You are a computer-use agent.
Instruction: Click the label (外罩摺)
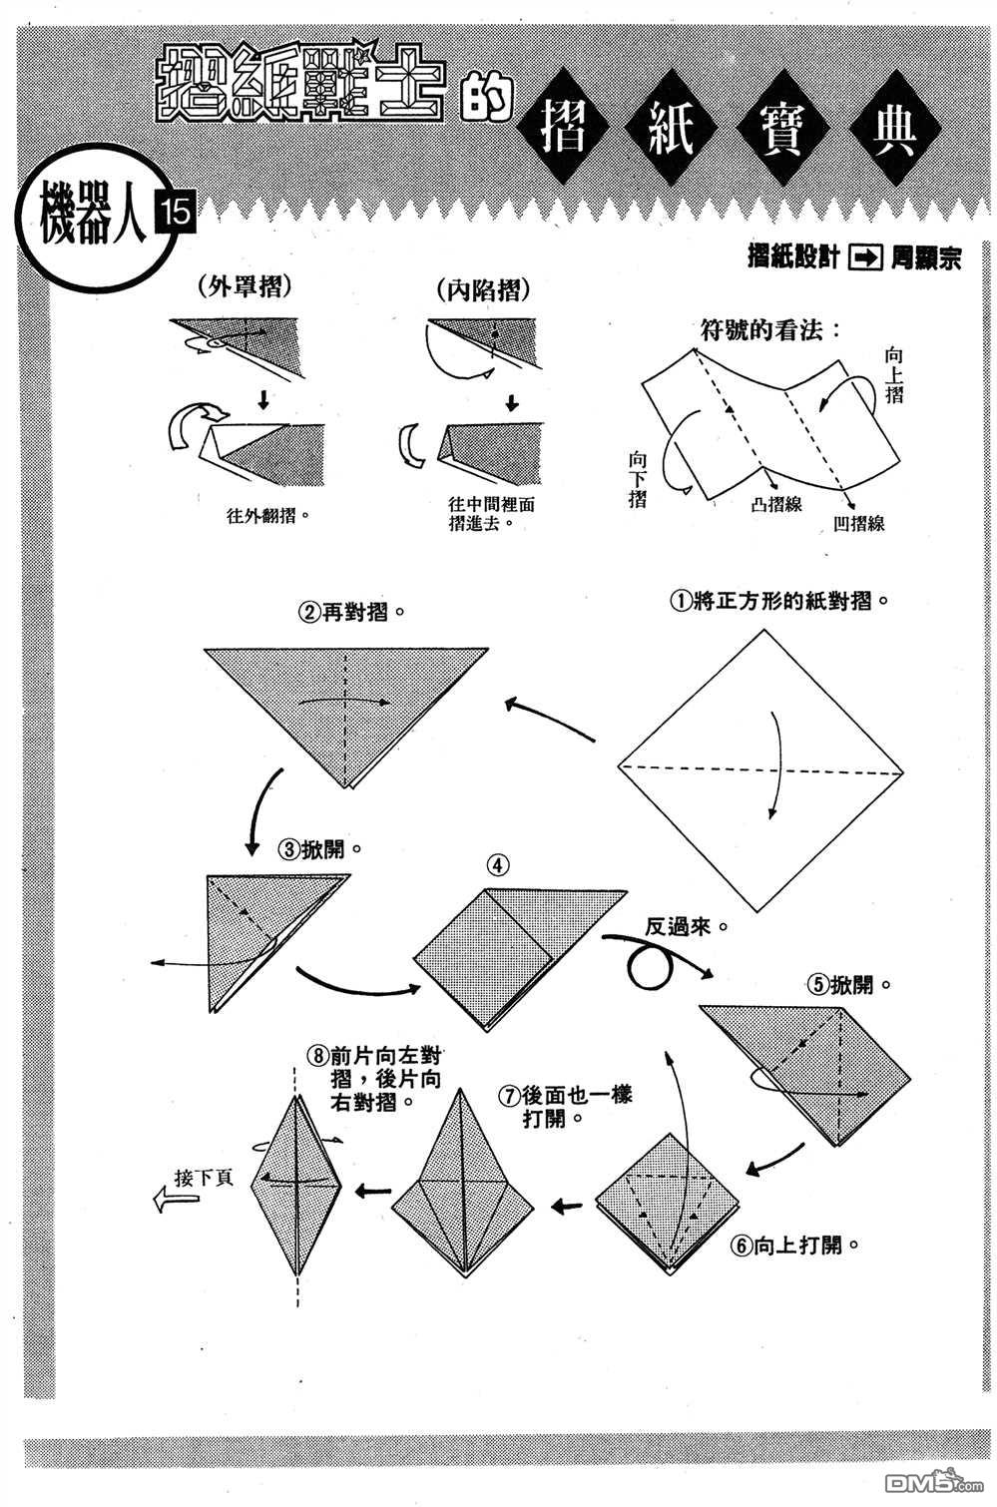point(243,287)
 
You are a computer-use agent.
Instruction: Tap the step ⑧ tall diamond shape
point(296,1182)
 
